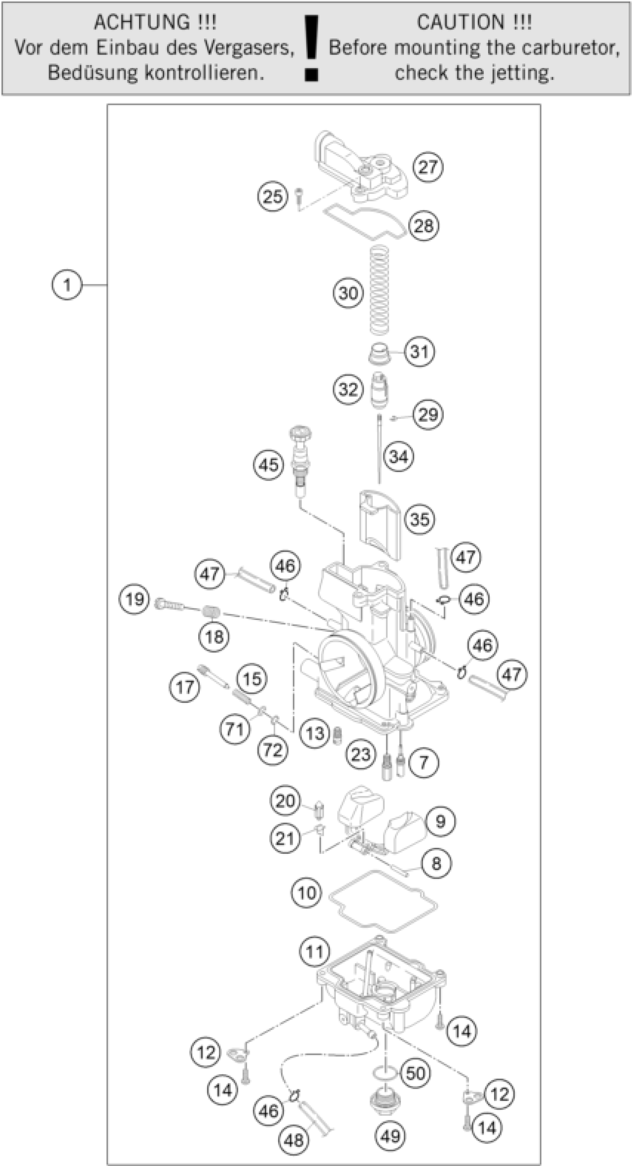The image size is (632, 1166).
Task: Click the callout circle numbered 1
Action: [x=67, y=285]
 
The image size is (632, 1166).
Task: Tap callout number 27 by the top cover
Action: [x=428, y=167]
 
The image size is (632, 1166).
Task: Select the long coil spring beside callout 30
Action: [x=379, y=290]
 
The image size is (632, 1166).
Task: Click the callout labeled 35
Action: [x=420, y=519]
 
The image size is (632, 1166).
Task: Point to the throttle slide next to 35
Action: [x=380, y=525]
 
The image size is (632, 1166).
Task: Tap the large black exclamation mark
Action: [x=312, y=48]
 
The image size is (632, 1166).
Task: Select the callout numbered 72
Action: [x=273, y=750]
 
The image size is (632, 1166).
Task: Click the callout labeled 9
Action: [x=440, y=821]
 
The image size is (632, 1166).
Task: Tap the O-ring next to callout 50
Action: [x=385, y=1072]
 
